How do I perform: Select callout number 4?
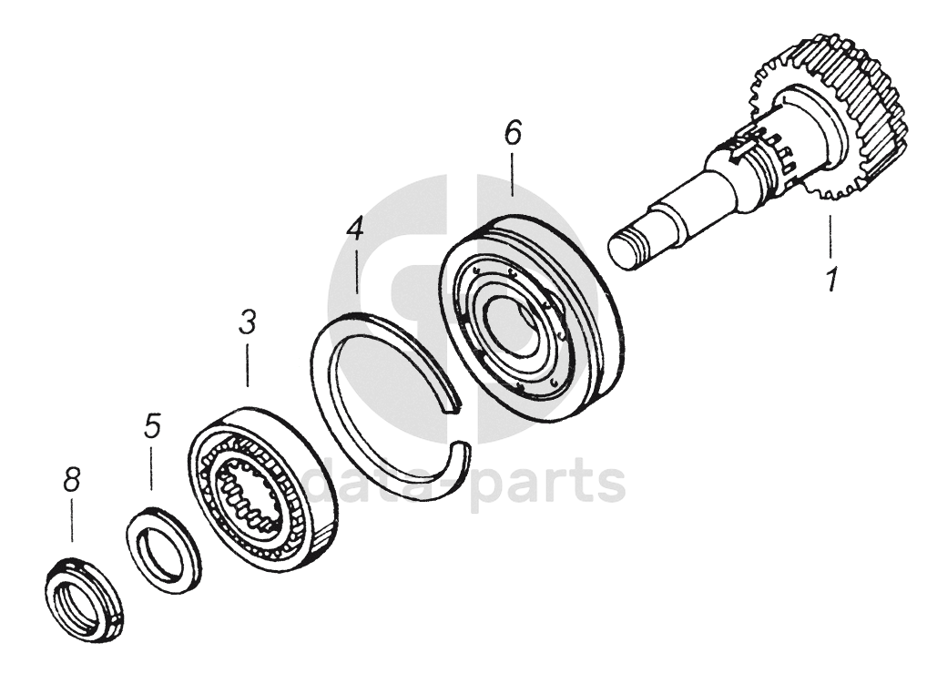pos(355,228)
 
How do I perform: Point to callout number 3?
pos(247,322)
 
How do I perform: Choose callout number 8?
pos(71,480)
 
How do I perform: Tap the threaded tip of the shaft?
pos(625,249)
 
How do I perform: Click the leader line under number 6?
pos(512,175)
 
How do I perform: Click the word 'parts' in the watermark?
pos(551,483)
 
